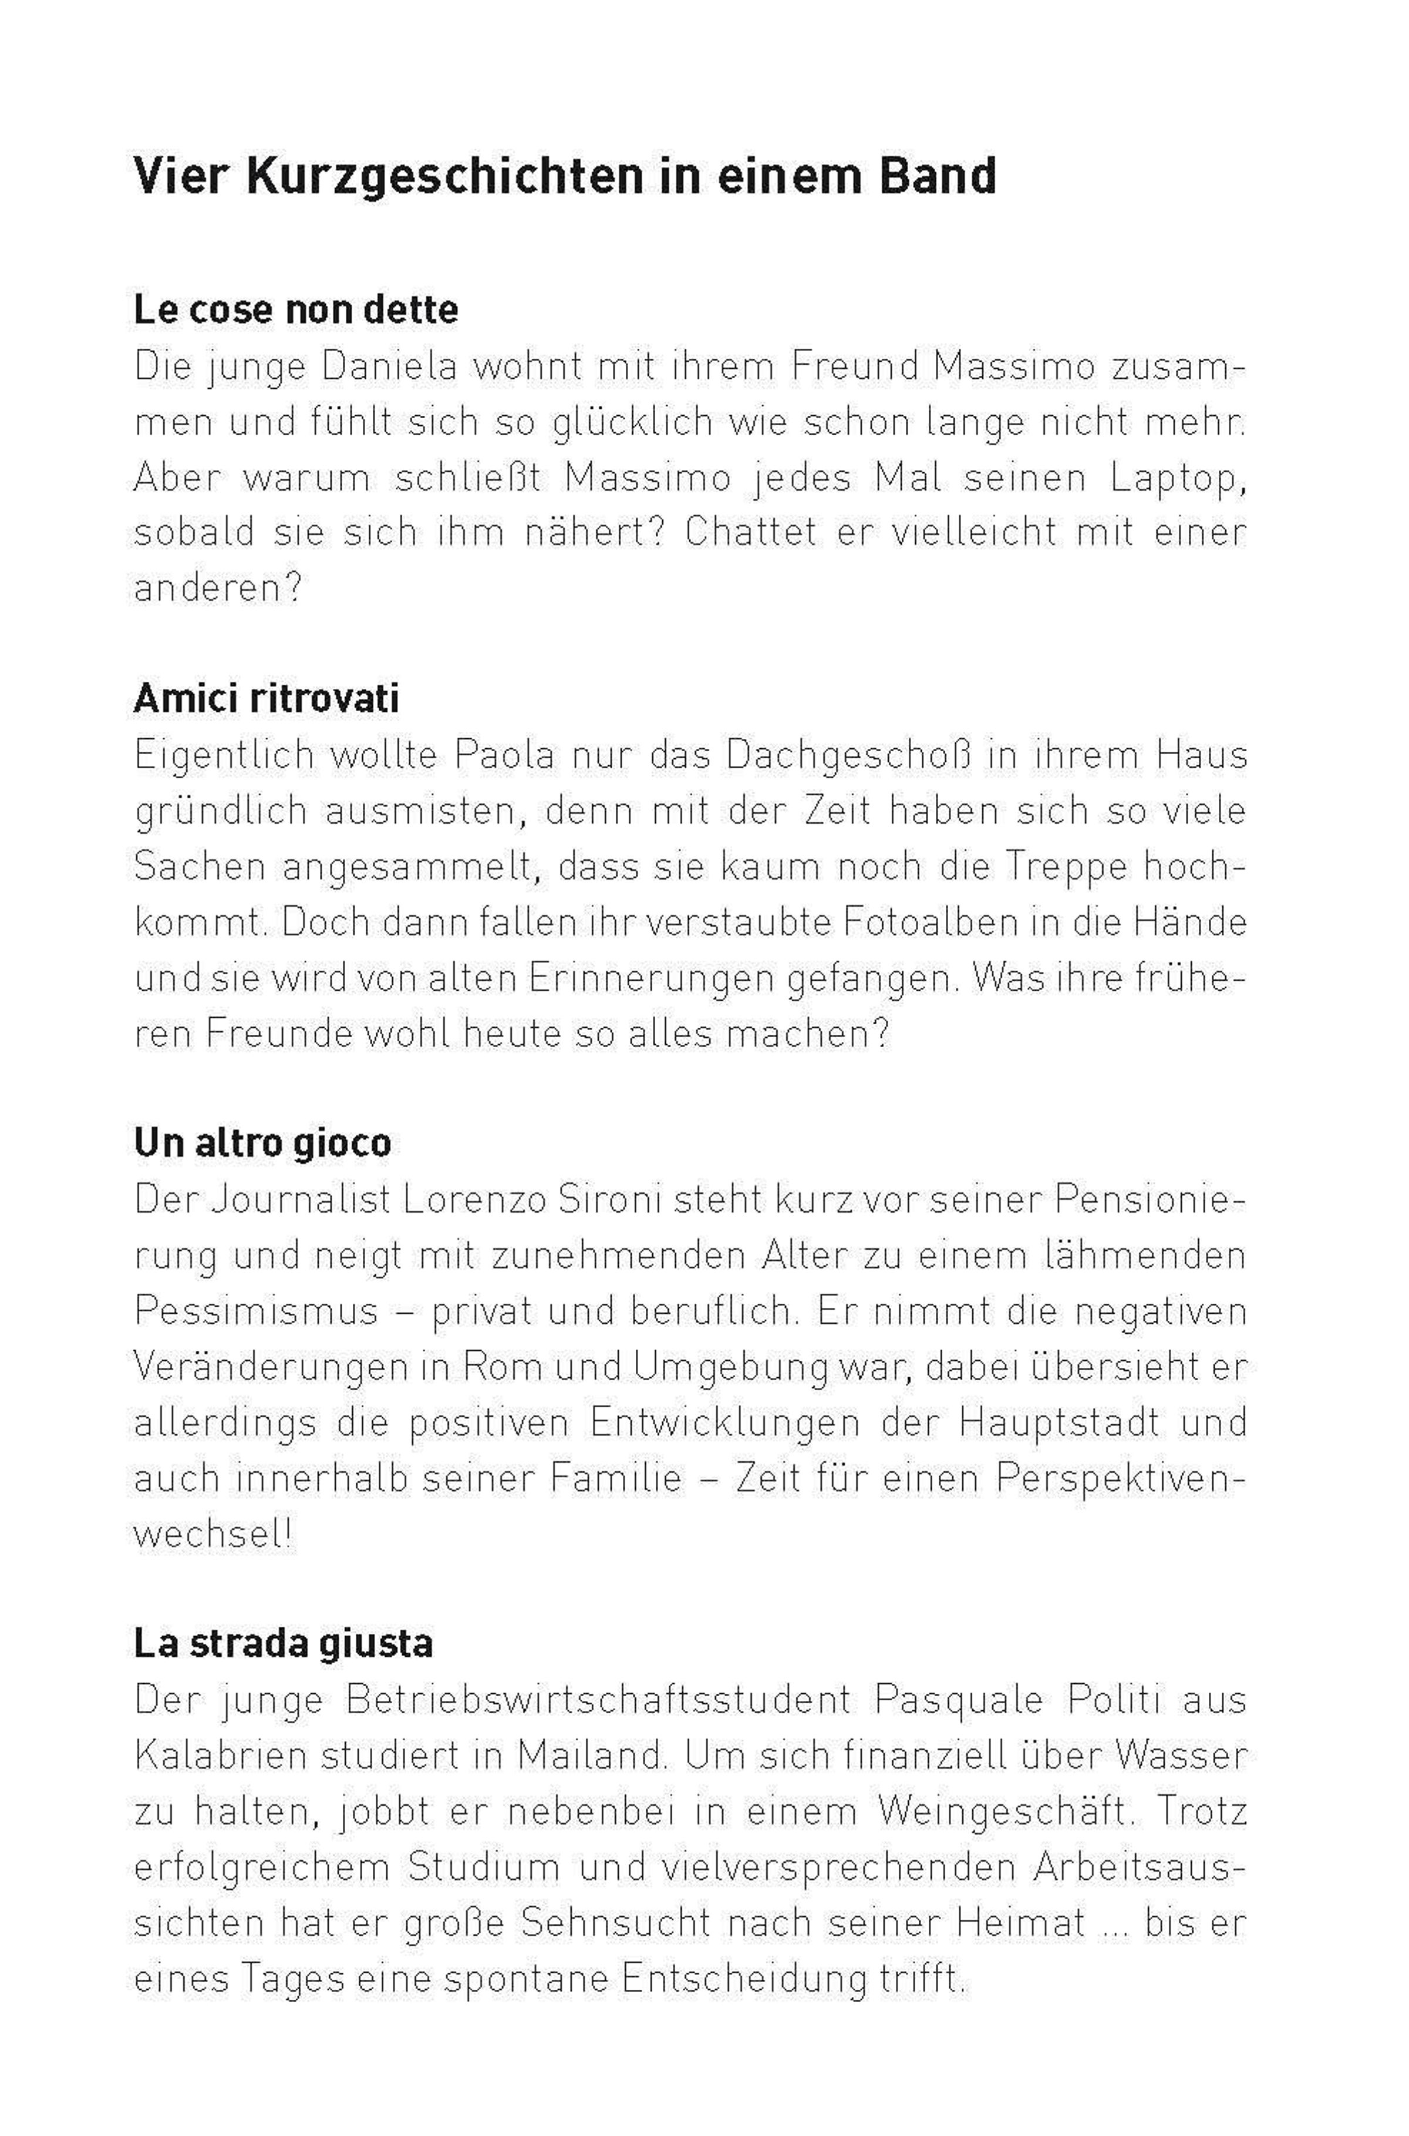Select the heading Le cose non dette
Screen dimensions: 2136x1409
tap(296, 310)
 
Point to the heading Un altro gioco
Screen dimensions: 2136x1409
tap(262, 1143)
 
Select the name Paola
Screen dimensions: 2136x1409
tap(505, 755)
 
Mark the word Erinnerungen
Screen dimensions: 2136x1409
tap(652, 978)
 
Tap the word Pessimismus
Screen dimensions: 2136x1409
tap(256, 1311)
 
